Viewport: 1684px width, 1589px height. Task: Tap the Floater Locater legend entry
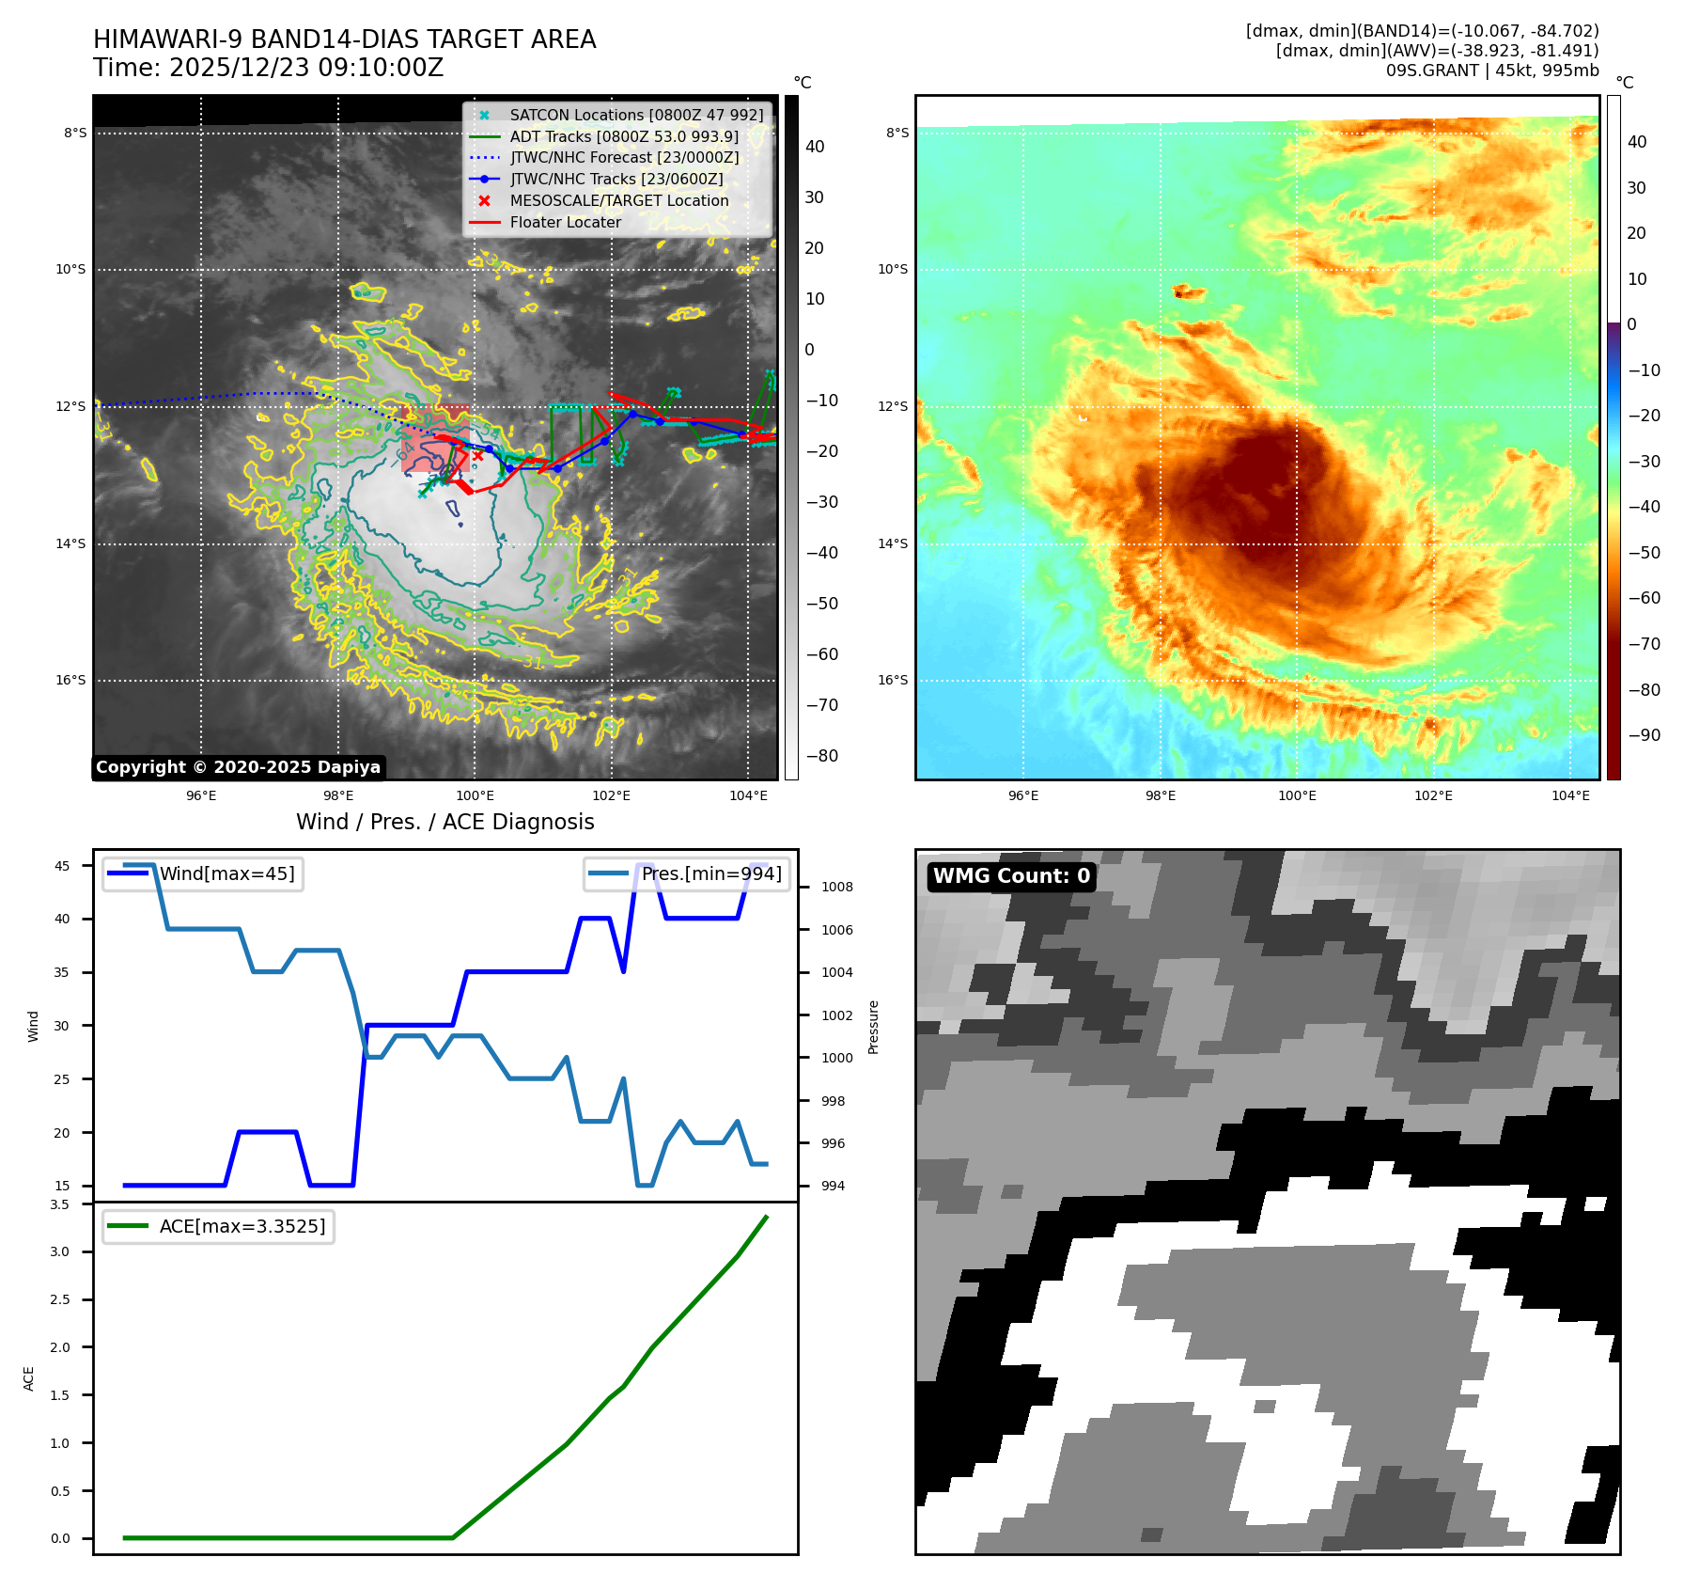(x=565, y=222)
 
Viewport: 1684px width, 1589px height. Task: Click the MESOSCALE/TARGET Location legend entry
(x=618, y=200)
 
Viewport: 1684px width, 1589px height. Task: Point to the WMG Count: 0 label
(x=1011, y=876)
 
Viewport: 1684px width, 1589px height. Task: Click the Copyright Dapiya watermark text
(x=238, y=767)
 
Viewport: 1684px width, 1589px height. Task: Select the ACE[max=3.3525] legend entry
(x=242, y=1226)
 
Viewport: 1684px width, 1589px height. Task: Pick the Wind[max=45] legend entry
(x=226, y=873)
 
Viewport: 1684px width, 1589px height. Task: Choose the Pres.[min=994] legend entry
(x=710, y=873)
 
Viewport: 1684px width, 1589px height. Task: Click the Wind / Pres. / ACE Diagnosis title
(x=445, y=822)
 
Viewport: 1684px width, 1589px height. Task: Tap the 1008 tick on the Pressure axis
(x=836, y=887)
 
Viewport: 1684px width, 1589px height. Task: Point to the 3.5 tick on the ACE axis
(x=60, y=1204)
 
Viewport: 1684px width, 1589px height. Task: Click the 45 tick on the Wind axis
(x=62, y=866)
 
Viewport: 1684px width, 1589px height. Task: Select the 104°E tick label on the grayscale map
(x=748, y=795)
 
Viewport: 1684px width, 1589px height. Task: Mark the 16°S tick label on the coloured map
(x=893, y=680)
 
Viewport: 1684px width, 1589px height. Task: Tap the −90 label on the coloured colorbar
(x=1644, y=735)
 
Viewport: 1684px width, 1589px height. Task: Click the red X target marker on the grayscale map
(x=477, y=456)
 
